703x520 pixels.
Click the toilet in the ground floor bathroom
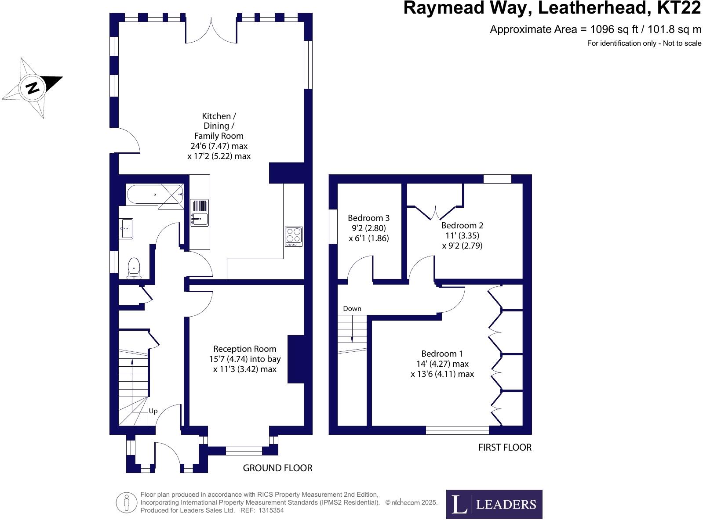pos(134,268)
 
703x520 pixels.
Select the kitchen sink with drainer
pos(200,213)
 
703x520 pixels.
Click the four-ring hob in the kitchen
pos(293,236)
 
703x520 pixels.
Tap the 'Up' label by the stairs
pos(153,411)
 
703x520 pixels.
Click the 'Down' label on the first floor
pos(352,308)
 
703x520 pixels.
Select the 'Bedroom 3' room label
pos(368,218)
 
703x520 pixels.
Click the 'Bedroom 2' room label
pos(462,225)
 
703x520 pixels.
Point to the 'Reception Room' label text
pos(244,349)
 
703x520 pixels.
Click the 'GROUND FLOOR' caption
pos(277,468)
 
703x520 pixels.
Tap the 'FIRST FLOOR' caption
pos(505,448)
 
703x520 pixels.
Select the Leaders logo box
pos(494,504)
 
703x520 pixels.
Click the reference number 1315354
pos(271,510)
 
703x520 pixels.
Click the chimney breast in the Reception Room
pos(296,359)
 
